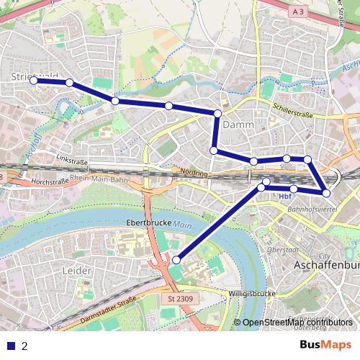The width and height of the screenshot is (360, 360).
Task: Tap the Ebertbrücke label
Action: [148, 223]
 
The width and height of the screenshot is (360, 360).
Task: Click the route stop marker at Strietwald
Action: [33, 81]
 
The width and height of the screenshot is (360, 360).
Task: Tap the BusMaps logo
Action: [325, 345]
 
